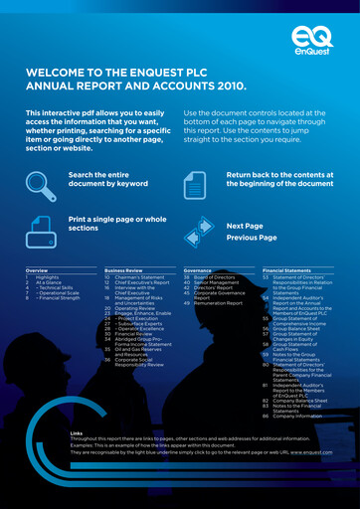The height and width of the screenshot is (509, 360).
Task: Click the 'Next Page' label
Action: pos(245,226)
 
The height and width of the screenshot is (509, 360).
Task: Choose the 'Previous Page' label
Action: pos(251,238)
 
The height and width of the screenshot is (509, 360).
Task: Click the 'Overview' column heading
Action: pos(37,270)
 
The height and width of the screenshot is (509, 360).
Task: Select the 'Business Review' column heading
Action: pos(123,270)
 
